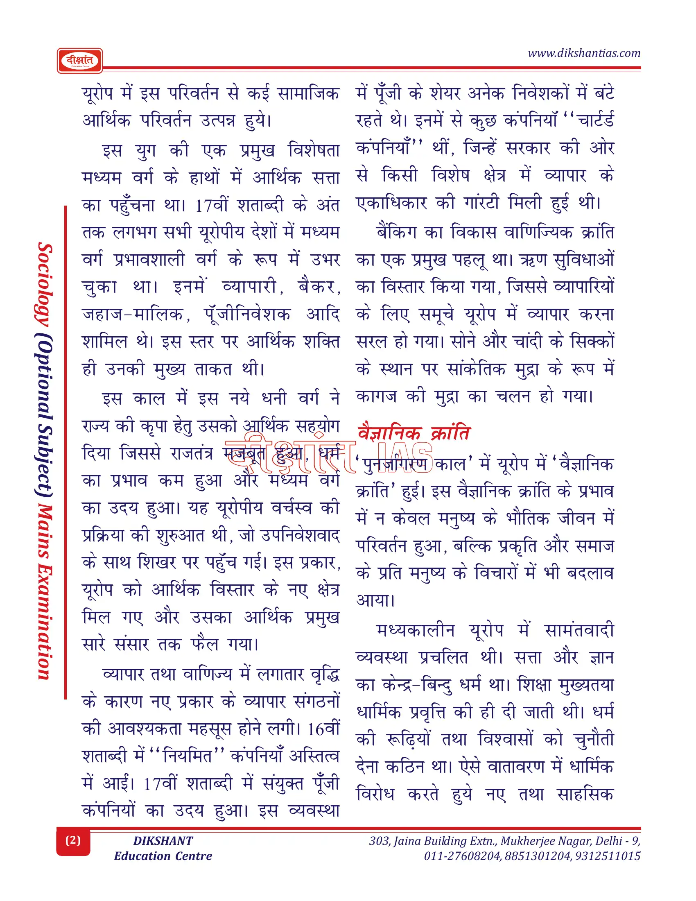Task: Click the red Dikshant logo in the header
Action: click(79, 61)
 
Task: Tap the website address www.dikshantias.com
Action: click(584, 53)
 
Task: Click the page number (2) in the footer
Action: click(73, 840)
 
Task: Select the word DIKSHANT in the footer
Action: click(163, 841)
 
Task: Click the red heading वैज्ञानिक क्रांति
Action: click(414, 433)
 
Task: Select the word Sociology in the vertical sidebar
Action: click(45, 284)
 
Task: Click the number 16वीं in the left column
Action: click(324, 729)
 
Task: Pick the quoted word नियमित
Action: click(188, 756)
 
